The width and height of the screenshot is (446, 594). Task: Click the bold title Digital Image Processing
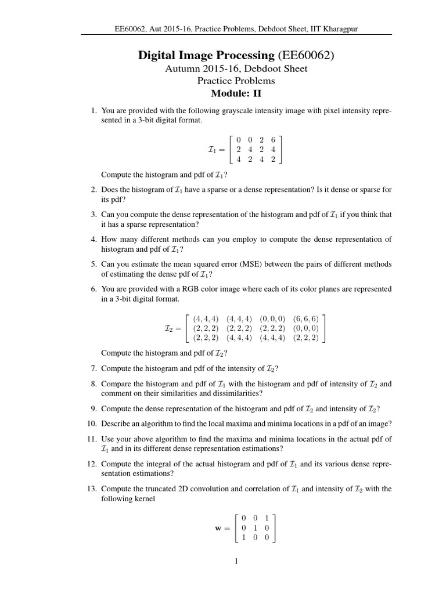tap(206, 56)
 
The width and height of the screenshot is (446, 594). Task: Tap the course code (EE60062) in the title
tap(305, 56)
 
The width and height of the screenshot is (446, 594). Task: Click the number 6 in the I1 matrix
tap(273, 139)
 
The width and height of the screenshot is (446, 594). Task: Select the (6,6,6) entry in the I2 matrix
tap(305, 319)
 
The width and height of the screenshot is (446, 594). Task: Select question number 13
tap(92, 489)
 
